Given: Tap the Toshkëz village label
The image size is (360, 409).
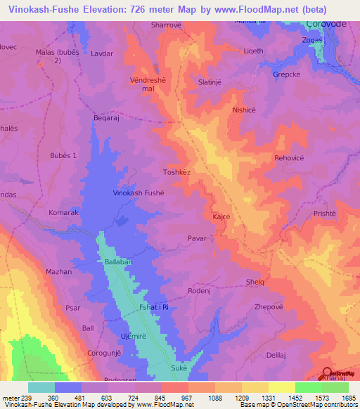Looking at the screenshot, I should pos(177,171).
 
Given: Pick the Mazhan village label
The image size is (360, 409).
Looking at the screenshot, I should pos(59,271).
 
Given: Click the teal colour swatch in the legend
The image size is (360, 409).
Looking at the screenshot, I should pos(41,387).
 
